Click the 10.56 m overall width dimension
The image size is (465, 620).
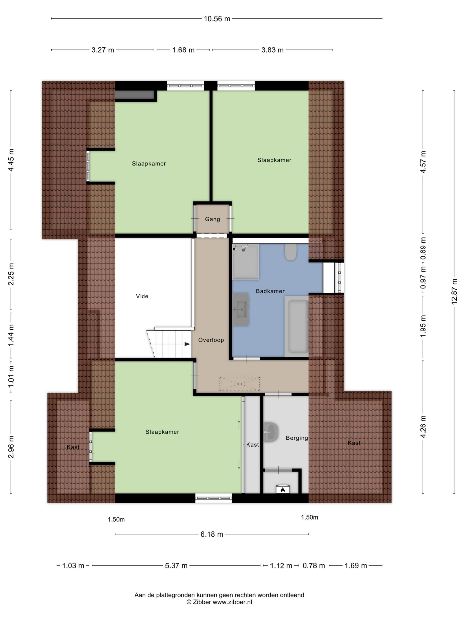tap(217, 19)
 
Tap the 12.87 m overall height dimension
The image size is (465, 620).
tap(454, 292)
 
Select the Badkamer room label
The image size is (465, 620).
tap(270, 291)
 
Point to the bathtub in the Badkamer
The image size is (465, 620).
tap(296, 326)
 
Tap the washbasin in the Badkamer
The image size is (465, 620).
tap(240, 309)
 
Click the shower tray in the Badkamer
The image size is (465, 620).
tap(245, 262)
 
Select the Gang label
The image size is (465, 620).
tap(213, 219)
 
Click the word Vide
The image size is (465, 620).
tap(142, 296)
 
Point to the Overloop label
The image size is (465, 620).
tap(211, 340)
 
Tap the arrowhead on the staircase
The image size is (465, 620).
tap(187, 344)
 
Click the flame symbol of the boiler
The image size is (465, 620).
tap(282, 490)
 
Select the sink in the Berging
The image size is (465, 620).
tap(271, 432)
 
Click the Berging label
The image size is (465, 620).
tap(297, 438)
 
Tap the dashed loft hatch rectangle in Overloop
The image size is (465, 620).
tap(240, 384)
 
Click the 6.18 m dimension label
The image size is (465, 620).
tap(212, 534)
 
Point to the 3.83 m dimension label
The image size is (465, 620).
tap(272, 50)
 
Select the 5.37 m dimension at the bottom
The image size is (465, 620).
tap(176, 566)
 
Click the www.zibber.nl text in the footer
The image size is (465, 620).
tap(232, 602)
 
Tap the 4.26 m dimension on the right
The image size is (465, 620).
tap(423, 427)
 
